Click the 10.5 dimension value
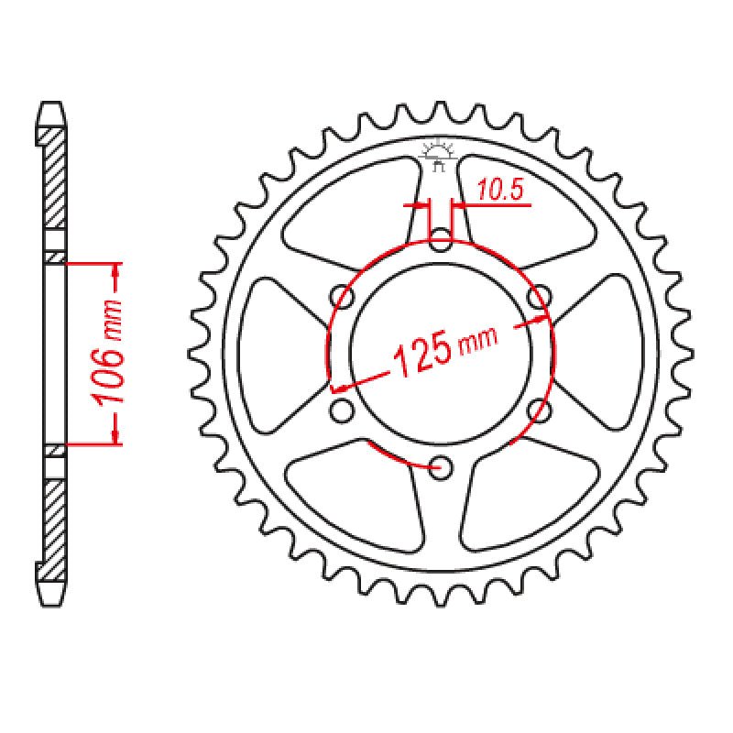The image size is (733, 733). [x=499, y=191]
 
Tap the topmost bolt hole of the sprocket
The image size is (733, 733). [x=441, y=244]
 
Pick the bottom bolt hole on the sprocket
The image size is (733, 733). [x=441, y=465]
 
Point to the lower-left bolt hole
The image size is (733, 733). [x=342, y=410]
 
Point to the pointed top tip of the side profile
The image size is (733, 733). [x=53, y=103]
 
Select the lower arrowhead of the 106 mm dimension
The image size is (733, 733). [x=115, y=437]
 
